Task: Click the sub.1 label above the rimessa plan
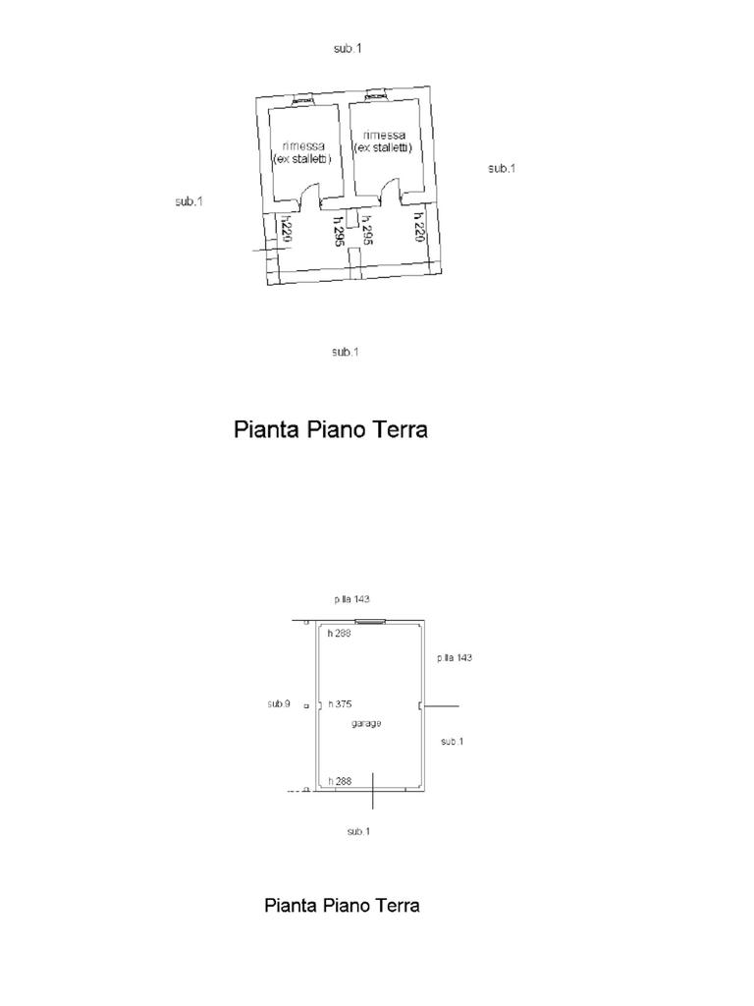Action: pyautogui.click(x=348, y=48)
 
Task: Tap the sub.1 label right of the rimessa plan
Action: pyautogui.click(x=502, y=169)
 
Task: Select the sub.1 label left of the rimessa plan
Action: pyautogui.click(x=188, y=201)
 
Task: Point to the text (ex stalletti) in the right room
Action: pyautogui.click(x=382, y=147)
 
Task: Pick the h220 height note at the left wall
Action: pyautogui.click(x=286, y=232)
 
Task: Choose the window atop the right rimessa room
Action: pyautogui.click(x=374, y=94)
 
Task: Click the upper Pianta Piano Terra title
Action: pyautogui.click(x=331, y=429)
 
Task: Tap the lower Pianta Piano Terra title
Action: pyautogui.click(x=342, y=905)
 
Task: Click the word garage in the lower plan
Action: pyautogui.click(x=365, y=723)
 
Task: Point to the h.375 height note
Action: pyautogui.click(x=340, y=704)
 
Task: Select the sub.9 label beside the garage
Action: pyautogui.click(x=279, y=703)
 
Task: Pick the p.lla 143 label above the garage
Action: pyautogui.click(x=351, y=599)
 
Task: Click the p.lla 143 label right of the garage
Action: pyautogui.click(x=455, y=657)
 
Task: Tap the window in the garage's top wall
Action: pyautogui.click(x=369, y=621)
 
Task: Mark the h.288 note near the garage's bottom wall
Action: pyautogui.click(x=340, y=781)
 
